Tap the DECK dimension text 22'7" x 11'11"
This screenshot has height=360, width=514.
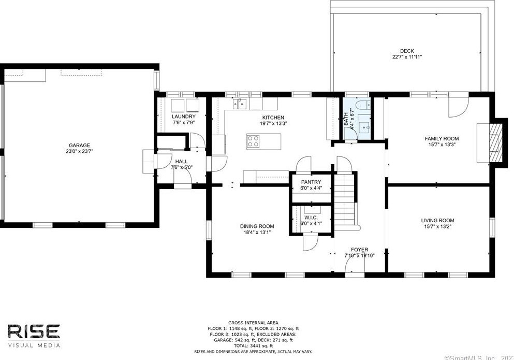407,57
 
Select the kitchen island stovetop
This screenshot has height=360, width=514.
254,141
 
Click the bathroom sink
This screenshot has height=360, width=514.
366,126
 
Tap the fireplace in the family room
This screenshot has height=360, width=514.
496,142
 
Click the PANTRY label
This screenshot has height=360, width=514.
311,182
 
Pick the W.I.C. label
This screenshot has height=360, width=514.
311,218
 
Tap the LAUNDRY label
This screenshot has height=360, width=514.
183,117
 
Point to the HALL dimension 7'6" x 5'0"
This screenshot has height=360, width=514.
181,167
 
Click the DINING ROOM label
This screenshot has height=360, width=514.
257,226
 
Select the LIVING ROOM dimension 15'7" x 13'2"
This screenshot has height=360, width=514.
437,226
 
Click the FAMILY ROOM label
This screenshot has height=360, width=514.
442,138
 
